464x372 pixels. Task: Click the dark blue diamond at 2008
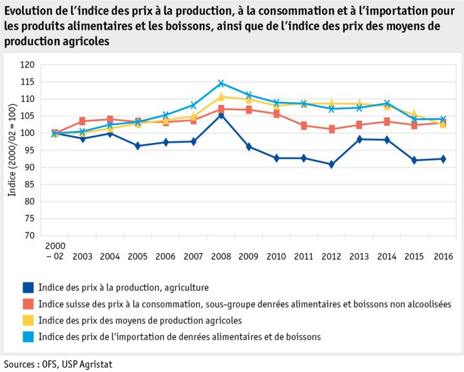point(221,115)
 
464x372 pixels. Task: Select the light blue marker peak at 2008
point(221,83)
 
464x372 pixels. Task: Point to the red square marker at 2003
point(82,121)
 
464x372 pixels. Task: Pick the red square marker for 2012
point(332,129)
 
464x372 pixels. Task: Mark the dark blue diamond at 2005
point(138,146)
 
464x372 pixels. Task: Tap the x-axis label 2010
point(276,257)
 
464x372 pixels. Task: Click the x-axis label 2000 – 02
point(55,251)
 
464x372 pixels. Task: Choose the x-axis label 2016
point(443,257)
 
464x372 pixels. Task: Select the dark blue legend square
point(28,287)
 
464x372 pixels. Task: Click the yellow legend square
point(28,320)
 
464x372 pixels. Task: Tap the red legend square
point(28,304)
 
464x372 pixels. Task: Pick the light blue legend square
point(28,337)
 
